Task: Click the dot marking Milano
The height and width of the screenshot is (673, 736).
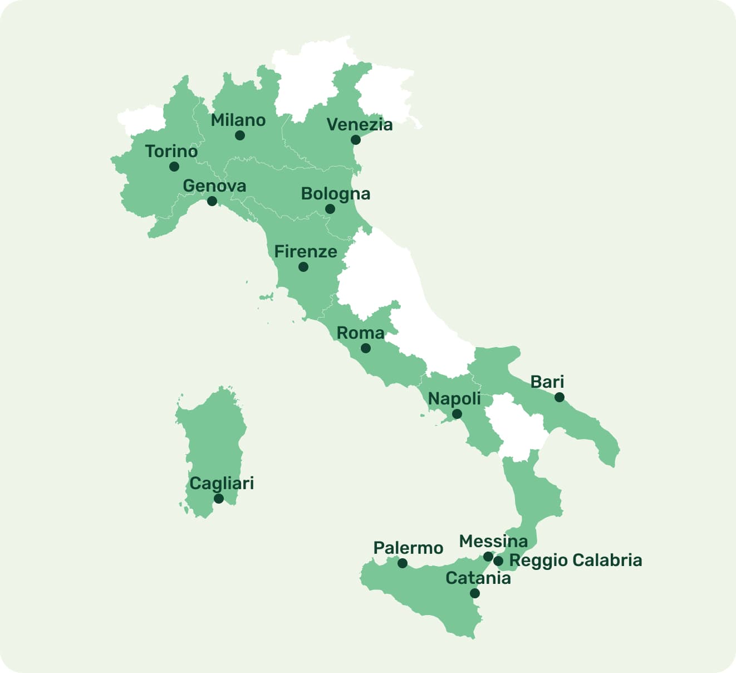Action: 240,135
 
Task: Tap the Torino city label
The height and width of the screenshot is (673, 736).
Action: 171,151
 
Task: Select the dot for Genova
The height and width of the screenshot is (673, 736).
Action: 212,201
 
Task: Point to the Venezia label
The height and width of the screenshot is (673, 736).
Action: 359,124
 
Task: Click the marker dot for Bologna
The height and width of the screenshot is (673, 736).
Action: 330,209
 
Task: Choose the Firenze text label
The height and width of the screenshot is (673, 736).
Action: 306,251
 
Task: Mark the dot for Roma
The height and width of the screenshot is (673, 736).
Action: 366,348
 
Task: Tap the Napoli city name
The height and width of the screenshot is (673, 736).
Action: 454,398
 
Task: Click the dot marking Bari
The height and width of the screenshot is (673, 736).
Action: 560,397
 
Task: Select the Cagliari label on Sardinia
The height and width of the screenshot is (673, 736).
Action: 222,483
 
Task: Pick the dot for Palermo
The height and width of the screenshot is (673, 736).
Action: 403,563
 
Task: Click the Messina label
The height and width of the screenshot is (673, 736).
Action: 493,541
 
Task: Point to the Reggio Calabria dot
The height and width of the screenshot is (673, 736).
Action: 498,561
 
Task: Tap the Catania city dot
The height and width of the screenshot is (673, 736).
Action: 475,593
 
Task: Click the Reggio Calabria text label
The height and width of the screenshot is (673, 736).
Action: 576,560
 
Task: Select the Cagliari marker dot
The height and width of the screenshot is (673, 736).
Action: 219,499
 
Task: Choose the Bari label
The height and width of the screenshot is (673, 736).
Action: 547,382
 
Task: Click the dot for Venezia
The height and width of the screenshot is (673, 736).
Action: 356,140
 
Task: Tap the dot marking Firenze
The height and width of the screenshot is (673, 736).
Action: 303,267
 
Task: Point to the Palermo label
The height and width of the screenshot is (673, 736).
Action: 408,548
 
